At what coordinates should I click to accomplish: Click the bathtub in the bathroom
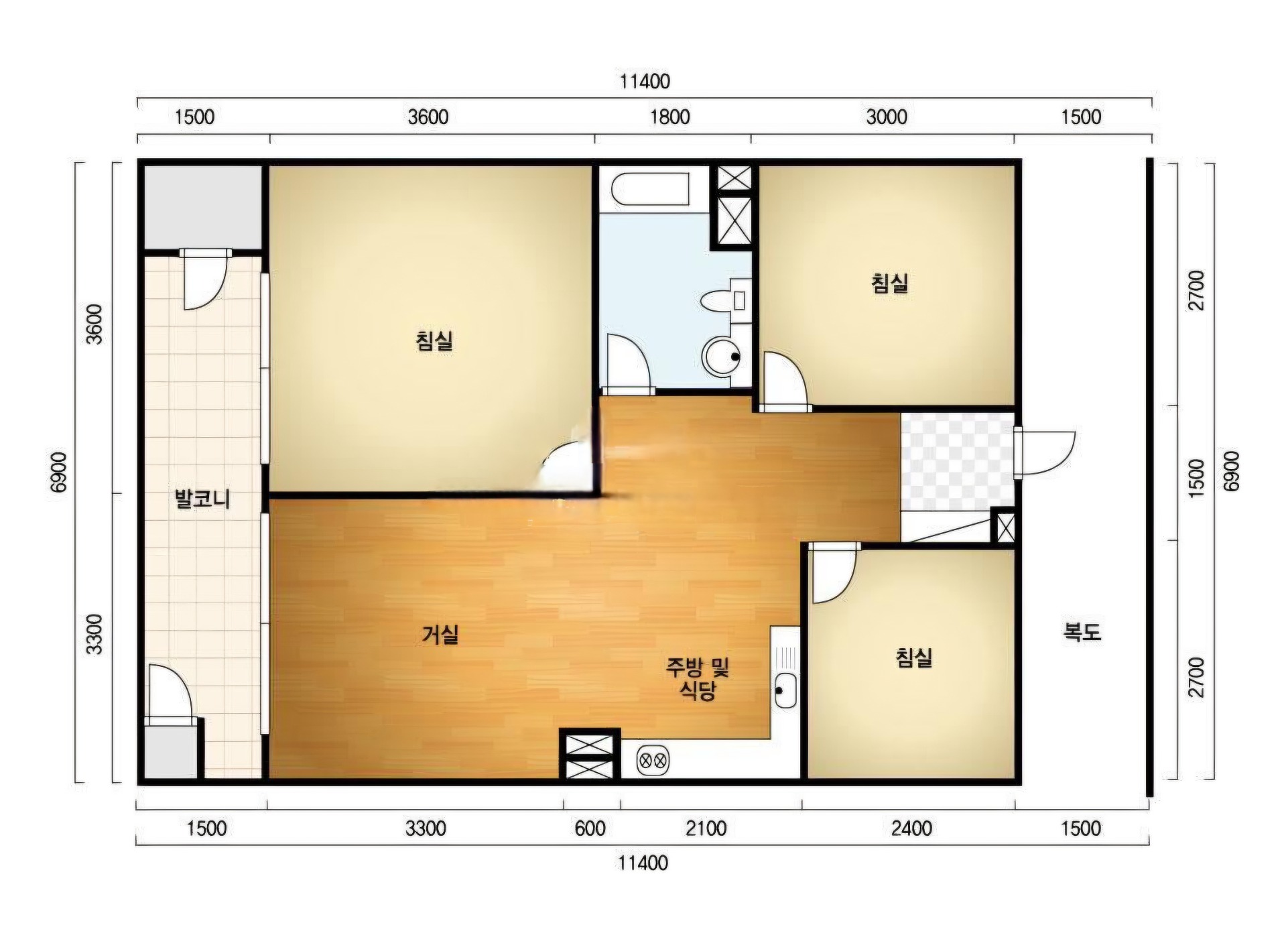pos(651,188)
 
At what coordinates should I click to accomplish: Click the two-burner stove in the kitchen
pos(653,760)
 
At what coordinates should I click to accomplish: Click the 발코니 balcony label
pos(202,499)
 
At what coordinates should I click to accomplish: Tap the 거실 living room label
pos(440,634)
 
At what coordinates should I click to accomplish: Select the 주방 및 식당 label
pos(697,678)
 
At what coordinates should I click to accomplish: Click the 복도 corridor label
pos(1082,631)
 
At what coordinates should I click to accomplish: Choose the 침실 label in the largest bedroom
pos(434,340)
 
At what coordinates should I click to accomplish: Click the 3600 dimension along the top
pos(428,117)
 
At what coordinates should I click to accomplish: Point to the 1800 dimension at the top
pos(670,117)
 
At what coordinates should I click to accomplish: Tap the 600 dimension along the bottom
pos(590,828)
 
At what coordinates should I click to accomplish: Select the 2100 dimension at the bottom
pos(706,828)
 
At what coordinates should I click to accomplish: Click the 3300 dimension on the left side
pos(95,634)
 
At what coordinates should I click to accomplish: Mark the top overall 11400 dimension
pos(645,81)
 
